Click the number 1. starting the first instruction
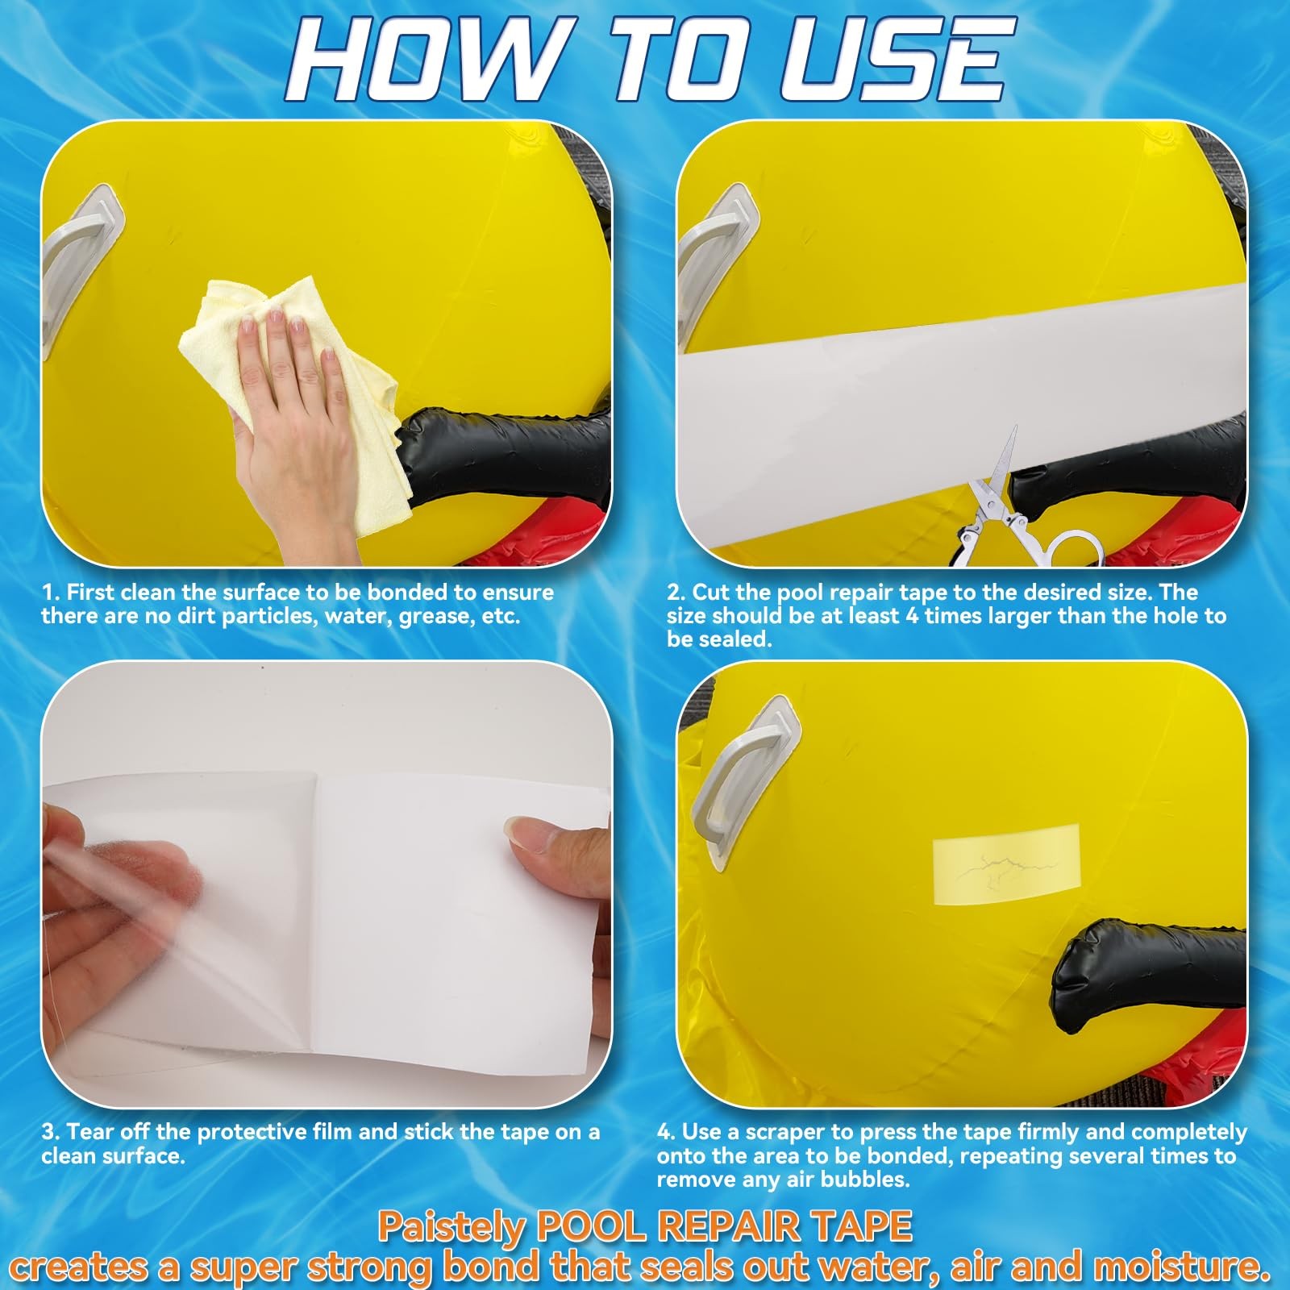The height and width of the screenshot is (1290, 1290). pyautogui.click(x=51, y=593)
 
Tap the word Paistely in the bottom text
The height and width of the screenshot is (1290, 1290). pyautogui.click(x=451, y=1228)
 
